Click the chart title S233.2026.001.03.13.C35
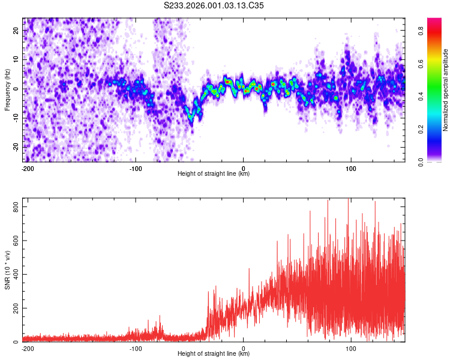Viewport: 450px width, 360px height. (x=214, y=6)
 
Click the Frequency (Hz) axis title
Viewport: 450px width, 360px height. (x=7, y=89)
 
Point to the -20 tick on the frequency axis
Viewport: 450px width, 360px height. (x=16, y=147)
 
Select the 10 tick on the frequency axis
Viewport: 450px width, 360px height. (x=17, y=60)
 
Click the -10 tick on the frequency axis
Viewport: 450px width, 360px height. (x=16, y=118)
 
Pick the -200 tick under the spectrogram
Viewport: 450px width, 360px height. (x=28, y=168)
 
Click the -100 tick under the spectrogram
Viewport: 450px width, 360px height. (x=136, y=168)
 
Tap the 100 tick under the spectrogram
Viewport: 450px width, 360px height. (x=351, y=168)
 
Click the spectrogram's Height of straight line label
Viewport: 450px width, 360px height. (x=214, y=174)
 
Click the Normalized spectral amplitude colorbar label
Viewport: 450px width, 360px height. (x=445, y=89)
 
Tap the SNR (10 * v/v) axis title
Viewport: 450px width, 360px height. (x=7, y=269)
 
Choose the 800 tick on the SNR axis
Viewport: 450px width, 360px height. (x=14, y=206)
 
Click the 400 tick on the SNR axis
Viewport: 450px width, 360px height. (x=14, y=274)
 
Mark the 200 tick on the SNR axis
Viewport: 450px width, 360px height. (x=14, y=308)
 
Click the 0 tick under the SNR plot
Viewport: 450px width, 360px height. (x=244, y=348)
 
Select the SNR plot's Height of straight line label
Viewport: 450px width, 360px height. (x=214, y=354)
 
